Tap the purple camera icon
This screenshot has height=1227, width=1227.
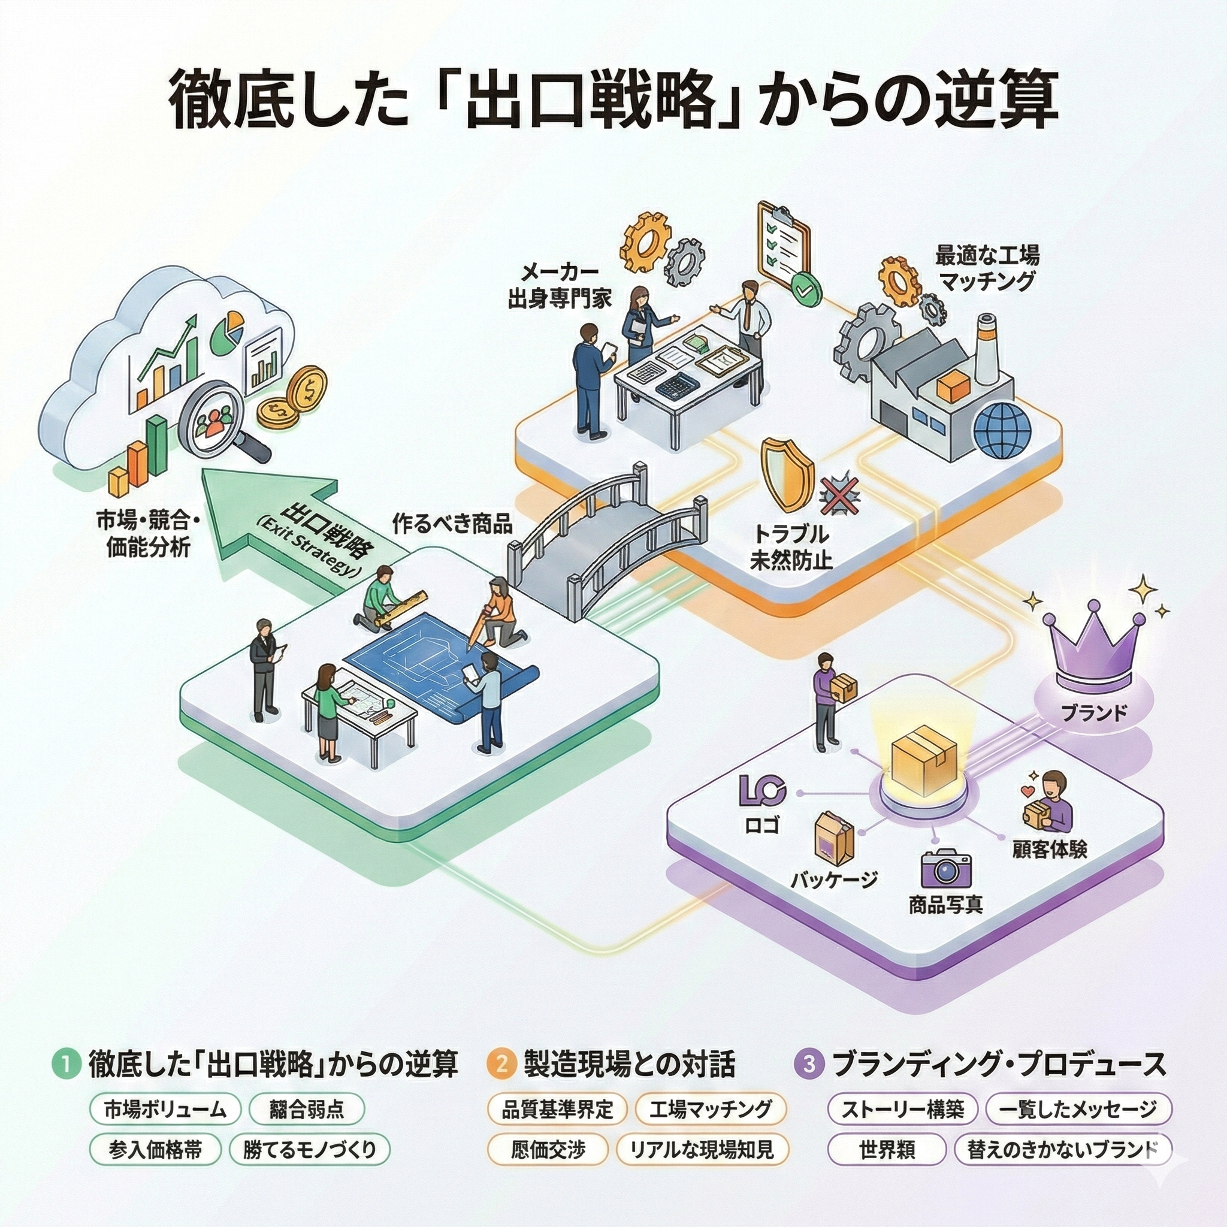[x=946, y=869]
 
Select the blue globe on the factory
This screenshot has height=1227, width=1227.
[x=1003, y=430]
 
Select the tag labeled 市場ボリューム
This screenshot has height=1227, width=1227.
[x=165, y=1110]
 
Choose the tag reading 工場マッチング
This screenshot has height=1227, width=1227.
[x=710, y=1110]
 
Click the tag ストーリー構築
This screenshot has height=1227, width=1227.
[x=903, y=1110]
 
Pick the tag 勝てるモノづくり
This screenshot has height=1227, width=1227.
[x=309, y=1150]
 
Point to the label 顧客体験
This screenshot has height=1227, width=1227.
[x=1049, y=849]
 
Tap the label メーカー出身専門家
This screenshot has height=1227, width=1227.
[x=560, y=286]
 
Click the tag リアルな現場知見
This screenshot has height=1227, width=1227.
[x=702, y=1150]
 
